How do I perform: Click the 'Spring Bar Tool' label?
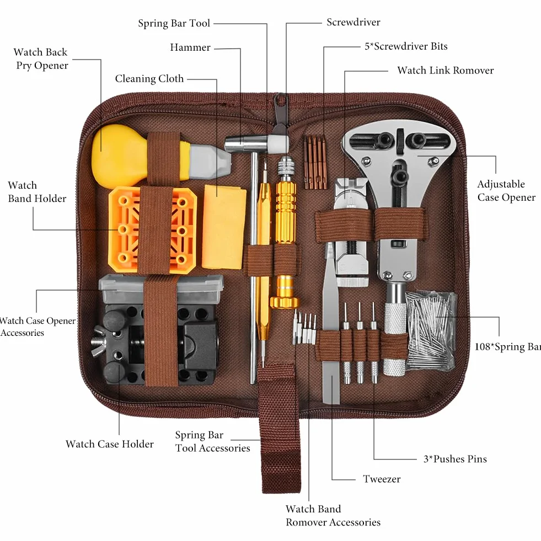[x=174, y=24]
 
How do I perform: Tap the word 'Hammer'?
[x=190, y=47]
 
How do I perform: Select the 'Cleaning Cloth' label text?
[x=149, y=79]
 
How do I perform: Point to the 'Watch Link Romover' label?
[x=446, y=71]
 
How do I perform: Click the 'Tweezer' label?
[x=382, y=479]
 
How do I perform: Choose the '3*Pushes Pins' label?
[x=455, y=459]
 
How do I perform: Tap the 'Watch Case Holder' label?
[x=110, y=444]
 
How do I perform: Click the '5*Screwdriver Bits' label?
[x=406, y=46]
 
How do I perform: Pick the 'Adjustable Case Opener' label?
[x=506, y=190]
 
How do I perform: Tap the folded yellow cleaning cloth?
[x=224, y=227]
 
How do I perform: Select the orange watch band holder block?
[x=152, y=230]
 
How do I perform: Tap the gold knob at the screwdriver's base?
[x=285, y=302]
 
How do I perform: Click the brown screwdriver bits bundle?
[x=315, y=162]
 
